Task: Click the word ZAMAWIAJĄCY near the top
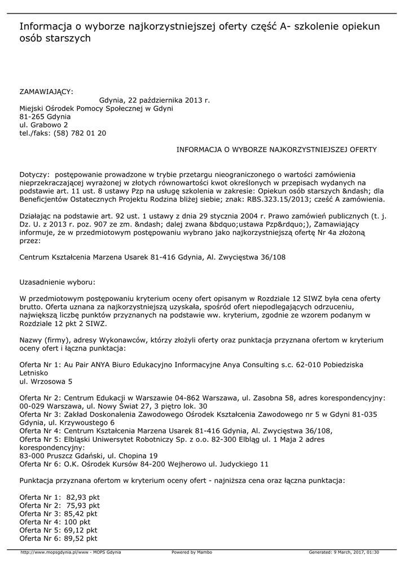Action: [46, 92]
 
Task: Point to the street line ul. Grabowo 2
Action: [44, 125]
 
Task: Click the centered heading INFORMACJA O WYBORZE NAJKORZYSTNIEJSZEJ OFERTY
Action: [276, 150]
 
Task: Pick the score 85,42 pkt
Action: [81, 514]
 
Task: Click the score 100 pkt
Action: [77, 522]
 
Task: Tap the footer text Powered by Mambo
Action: [192, 552]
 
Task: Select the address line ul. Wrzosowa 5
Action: [46, 381]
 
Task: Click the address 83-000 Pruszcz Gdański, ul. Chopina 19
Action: [89, 456]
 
